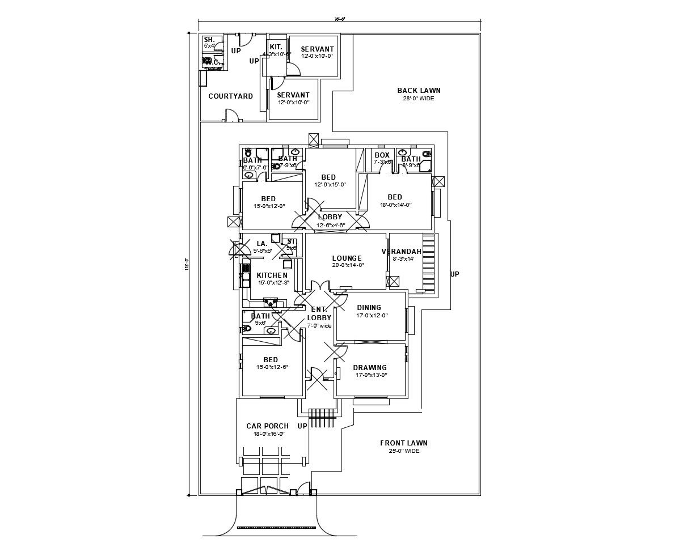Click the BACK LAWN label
point(419,91)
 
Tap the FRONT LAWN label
point(404,443)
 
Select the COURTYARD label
point(230,96)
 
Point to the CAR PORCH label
point(267,426)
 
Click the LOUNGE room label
point(347,258)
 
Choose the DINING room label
point(369,308)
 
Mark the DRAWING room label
point(370,368)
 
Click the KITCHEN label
point(272,275)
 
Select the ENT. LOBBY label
point(319,313)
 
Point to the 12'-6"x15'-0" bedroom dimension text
point(330,185)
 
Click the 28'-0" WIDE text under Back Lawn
point(419,99)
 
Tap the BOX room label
point(382,155)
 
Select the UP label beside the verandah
point(454,274)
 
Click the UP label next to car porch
point(302,426)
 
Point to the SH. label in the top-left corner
point(209,40)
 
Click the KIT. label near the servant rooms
point(276,47)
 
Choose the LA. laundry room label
point(262,244)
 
